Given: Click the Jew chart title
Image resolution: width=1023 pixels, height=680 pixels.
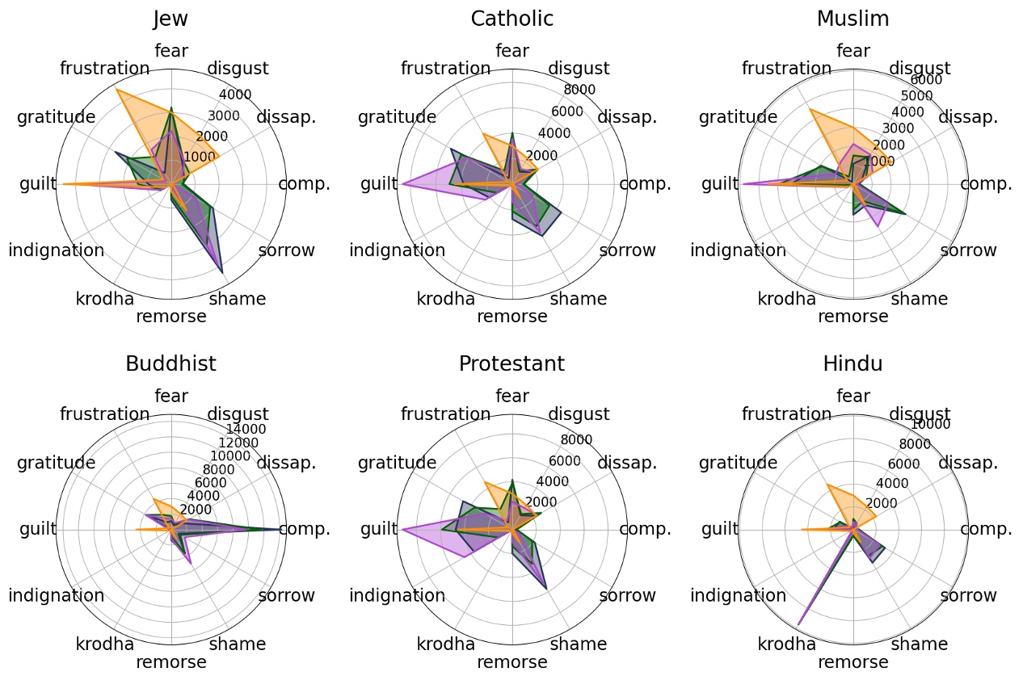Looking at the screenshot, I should pyautogui.click(x=170, y=19).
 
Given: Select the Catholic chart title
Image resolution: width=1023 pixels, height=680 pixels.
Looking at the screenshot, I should pyautogui.click(x=512, y=19).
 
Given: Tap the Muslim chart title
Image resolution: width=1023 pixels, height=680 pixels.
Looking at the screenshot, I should pyautogui.click(x=852, y=19).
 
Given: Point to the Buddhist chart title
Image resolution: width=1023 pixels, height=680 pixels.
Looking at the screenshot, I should pyautogui.click(x=170, y=364).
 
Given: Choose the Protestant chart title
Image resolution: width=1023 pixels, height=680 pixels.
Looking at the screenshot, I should pyautogui.click(x=512, y=364).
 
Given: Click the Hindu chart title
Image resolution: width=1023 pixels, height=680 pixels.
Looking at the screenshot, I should pyautogui.click(x=852, y=364).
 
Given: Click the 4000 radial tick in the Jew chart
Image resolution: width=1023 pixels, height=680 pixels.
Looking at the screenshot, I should pyautogui.click(x=235, y=95).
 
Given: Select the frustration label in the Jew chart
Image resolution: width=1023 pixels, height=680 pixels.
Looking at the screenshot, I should pyautogui.click(x=105, y=69).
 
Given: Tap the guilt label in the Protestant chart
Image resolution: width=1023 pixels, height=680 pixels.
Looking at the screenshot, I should pyautogui.click(x=379, y=529).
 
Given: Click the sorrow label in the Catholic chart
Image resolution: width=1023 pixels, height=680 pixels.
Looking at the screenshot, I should pyautogui.click(x=628, y=250).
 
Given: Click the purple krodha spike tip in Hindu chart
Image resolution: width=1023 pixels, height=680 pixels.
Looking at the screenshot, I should pyautogui.click(x=798, y=624).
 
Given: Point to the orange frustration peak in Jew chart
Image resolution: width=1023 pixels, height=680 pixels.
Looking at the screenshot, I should pyautogui.click(x=117, y=90).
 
